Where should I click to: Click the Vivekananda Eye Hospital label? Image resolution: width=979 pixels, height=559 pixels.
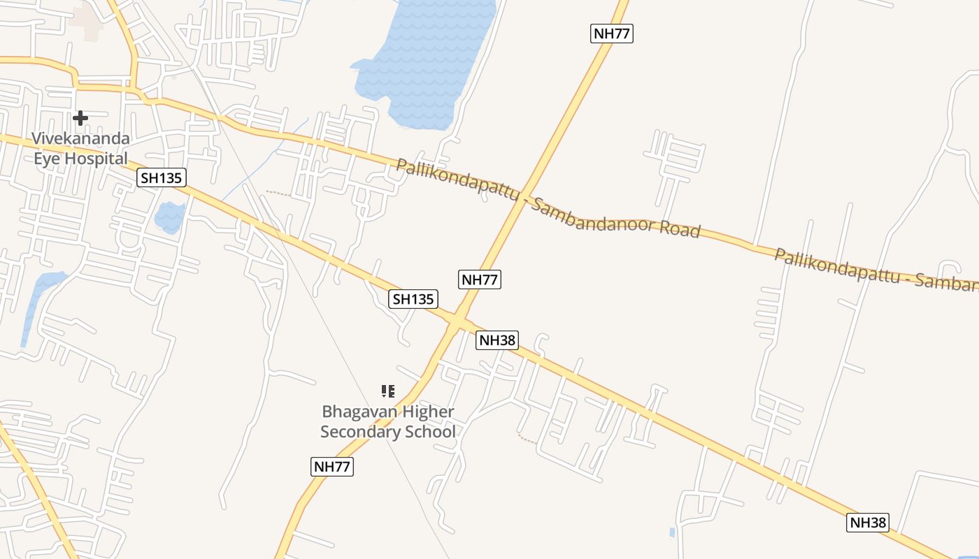[x=81, y=148]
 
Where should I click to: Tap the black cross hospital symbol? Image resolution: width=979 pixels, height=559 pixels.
[x=80, y=118]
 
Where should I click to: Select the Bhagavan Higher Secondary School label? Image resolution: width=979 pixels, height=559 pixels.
[x=387, y=421]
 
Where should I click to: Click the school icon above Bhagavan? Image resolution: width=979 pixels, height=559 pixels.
[x=388, y=391]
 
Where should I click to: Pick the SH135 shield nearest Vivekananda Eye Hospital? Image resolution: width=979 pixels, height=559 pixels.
[x=162, y=177]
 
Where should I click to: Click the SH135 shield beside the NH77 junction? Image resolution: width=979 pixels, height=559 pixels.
[x=413, y=299]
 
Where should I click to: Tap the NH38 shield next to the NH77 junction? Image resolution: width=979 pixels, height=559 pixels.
[x=497, y=340]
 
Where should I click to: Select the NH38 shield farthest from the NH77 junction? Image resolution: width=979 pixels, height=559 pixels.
[x=868, y=522]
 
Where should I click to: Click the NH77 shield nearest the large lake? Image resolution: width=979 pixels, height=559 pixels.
[x=612, y=33]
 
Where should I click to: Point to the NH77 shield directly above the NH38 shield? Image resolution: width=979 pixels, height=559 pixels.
[x=480, y=279]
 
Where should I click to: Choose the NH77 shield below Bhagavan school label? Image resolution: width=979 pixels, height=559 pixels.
[x=332, y=467]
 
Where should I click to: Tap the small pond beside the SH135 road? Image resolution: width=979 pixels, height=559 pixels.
[x=169, y=217]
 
